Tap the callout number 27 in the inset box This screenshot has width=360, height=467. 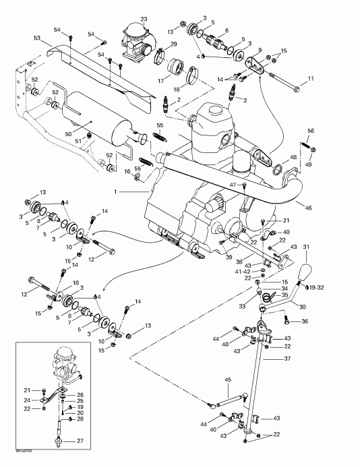80,441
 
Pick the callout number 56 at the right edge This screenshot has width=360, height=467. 311,130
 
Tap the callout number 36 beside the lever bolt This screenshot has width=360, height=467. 305,321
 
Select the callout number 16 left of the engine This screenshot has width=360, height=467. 127,172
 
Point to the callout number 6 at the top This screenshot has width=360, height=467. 226,30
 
